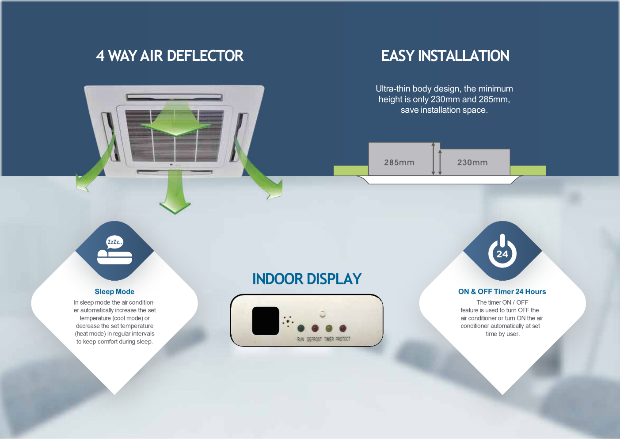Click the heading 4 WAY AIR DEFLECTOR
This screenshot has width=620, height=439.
point(170,56)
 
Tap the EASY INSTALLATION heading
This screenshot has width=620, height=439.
point(445,56)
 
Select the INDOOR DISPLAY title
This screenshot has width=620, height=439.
point(307,279)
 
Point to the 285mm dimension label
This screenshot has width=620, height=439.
point(399,162)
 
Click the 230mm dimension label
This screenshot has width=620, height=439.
point(472,162)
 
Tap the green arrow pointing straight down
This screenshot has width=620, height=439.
point(175,195)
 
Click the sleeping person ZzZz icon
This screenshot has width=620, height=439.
point(114,250)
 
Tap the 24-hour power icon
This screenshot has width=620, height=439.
point(502,251)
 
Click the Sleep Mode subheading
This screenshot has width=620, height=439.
point(114,292)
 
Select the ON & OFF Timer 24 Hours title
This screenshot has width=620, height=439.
point(502,292)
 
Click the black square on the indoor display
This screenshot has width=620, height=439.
point(265,321)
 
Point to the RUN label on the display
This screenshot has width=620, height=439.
point(300,339)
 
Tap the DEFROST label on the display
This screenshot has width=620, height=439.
point(314,339)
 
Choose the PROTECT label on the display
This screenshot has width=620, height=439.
point(343,339)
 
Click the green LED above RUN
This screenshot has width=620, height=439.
point(301,328)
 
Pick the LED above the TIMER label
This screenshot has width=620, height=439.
point(329,328)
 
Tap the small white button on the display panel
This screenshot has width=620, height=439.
point(323,314)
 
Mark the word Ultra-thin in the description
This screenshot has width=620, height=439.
point(393,89)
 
